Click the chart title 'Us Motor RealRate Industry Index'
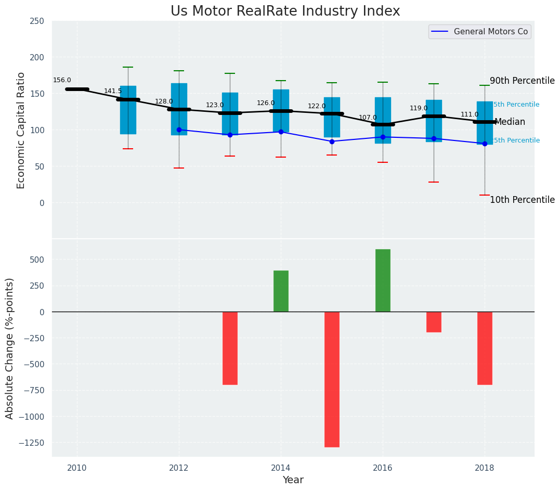pyautogui.click(x=285, y=11)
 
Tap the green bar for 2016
pyautogui.click(x=383, y=280)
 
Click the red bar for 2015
pyautogui.click(x=332, y=379)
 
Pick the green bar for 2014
pyautogui.click(x=281, y=291)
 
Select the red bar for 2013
pyautogui.click(x=230, y=348)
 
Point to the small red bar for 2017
pyautogui.click(x=434, y=322)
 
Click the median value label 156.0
pyautogui.click(x=62, y=80)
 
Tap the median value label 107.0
pyautogui.click(x=368, y=118)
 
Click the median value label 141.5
pyautogui.click(x=113, y=91)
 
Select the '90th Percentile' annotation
pyautogui.click(x=522, y=81)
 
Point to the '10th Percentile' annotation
pyautogui.click(x=522, y=200)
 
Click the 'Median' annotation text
pyautogui.click(x=510, y=122)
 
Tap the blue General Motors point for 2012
pyautogui.click(x=179, y=130)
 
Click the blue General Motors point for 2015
pyautogui.click(x=332, y=141)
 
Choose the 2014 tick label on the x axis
pyautogui.click(x=281, y=467)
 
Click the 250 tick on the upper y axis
pyautogui.click(x=37, y=21)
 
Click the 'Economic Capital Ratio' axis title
pyautogui.click(x=21, y=130)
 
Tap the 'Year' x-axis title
pyautogui.click(x=293, y=480)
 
